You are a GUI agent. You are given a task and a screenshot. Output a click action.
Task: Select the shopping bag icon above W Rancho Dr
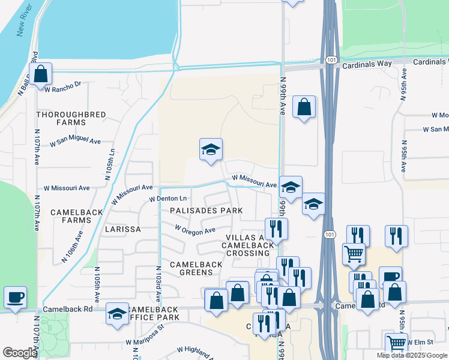pyautogui.click(x=40, y=74)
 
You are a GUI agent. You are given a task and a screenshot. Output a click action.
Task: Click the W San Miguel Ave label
pyautogui.click(x=75, y=142)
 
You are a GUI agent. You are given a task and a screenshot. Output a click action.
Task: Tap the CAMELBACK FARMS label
pyautogui.click(x=71, y=216)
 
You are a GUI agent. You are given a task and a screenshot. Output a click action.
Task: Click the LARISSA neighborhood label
pyautogui.click(x=122, y=229)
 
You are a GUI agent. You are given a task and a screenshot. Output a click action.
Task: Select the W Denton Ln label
pyautogui.click(x=168, y=199)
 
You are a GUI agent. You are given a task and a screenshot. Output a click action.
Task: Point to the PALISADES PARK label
pyautogui.click(x=206, y=211)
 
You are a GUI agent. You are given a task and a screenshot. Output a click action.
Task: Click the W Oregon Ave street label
pyautogui.click(x=194, y=230)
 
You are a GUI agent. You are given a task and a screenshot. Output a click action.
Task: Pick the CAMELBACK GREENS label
pyautogui.click(x=191, y=268)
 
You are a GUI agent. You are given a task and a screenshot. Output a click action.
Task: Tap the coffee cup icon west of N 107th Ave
pyautogui.click(x=15, y=297)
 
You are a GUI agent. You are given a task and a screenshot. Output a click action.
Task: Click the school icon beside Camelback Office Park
pyautogui.click(x=117, y=313)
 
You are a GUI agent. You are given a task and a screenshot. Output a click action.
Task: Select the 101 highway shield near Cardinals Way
pyautogui.click(x=331, y=61)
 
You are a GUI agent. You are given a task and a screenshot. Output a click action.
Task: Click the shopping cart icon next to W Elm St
pyautogui.click(x=396, y=343)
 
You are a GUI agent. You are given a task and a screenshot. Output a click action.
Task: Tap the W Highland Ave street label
pyautogui.click(x=196, y=353)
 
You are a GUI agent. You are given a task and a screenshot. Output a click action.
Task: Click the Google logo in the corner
pyautogui.click(x=20, y=352)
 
